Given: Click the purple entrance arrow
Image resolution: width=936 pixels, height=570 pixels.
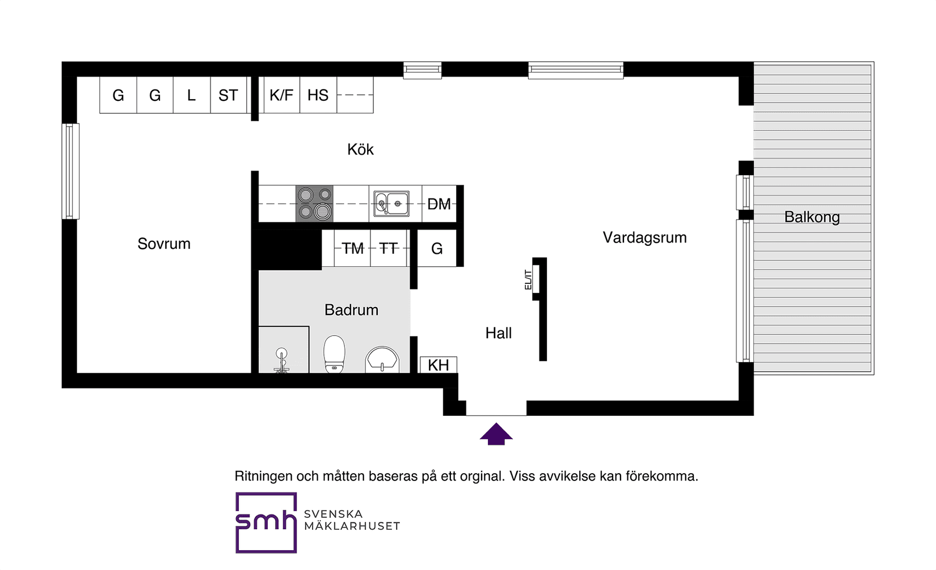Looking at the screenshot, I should pyautogui.click(x=496, y=434).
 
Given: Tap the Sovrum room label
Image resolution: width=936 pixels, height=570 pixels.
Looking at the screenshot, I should pyautogui.click(x=164, y=244).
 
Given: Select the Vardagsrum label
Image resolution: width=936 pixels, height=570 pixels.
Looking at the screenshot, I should pyautogui.click(x=644, y=237).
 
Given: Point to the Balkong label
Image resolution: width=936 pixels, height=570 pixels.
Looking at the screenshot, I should pyautogui.click(x=812, y=217).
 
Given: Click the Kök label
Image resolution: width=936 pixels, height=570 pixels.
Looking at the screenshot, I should pyautogui.click(x=360, y=150).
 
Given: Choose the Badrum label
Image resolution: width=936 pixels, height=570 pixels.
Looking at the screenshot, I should pyautogui.click(x=351, y=310).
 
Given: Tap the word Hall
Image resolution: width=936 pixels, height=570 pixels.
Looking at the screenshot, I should pyautogui.click(x=498, y=333).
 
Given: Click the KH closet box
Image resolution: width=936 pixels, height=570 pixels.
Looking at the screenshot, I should pyautogui.click(x=438, y=365).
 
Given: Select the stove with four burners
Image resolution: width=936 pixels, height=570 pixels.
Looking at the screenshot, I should pyautogui.click(x=314, y=203).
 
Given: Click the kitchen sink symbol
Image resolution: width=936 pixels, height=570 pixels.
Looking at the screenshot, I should pyautogui.click(x=391, y=203).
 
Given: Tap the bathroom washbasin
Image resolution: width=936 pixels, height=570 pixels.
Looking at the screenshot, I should pyautogui.click(x=382, y=360).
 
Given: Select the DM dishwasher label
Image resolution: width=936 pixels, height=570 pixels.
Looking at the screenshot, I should pyautogui.click(x=439, y=204).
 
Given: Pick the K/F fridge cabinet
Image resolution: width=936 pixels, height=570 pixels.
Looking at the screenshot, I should pyautogui.click(x=281, y=95).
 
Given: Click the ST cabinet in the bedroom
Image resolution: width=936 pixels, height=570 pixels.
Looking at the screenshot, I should pyautogui.click(x=228, y=95).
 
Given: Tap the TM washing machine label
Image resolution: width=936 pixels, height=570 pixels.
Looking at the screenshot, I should pyautogui.click(x=352, y=248).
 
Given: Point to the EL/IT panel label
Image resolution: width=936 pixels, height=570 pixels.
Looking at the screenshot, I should pyautogui.click(x=528, y=280).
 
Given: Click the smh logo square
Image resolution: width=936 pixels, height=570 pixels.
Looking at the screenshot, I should pyautogui.click(x=266, y=522).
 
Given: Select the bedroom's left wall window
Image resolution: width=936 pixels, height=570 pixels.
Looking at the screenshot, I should pyautogui.click(x=70, y=171).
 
